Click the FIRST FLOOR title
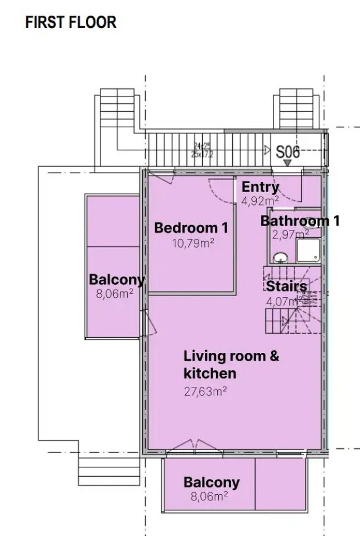tap(71, 22)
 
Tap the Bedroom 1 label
tap(191, 228)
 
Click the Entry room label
tap(260, 188)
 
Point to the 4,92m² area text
tap(260, 201)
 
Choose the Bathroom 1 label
tap(300, 221)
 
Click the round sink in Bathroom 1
tap(280, 257)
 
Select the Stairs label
tap(286, 287)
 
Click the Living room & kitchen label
tap(231, 364)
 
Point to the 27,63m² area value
tap(205, 391)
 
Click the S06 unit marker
tap(288, 151)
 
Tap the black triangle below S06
tap(287, 163)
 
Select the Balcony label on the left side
tap(117, 280)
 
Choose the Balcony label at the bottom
tap(212, 482)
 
